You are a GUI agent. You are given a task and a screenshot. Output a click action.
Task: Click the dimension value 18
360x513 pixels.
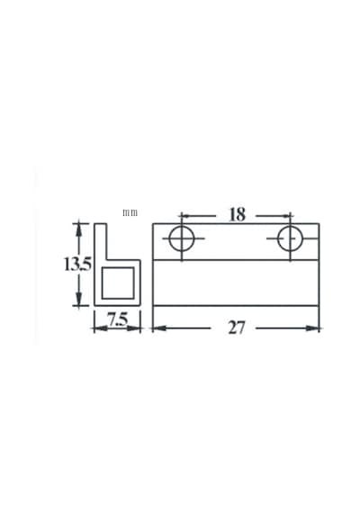point(237,214)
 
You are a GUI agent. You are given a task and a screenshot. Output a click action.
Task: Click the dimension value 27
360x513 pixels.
point(237,328)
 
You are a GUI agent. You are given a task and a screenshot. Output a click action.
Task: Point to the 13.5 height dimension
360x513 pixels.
point(77,265)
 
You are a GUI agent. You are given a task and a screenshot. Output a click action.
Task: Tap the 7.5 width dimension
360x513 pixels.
point(118,320)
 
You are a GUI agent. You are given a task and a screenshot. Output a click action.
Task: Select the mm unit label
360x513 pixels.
point(130,212)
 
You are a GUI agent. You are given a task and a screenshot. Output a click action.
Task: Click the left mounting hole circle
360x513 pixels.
point(182,238)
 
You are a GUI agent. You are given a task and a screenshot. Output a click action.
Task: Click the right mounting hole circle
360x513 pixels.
point(290,238)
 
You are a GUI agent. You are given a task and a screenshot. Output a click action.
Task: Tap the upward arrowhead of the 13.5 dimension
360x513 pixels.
point(78,229)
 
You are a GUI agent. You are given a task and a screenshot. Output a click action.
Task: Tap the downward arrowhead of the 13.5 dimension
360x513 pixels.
point(78,299)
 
